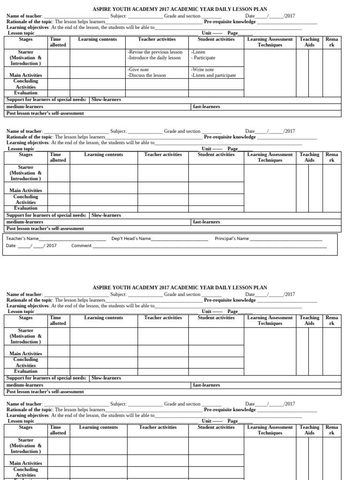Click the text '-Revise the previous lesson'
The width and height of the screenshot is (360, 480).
tap(155, 52)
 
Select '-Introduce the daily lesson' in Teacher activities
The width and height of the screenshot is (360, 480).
tap(154, 58)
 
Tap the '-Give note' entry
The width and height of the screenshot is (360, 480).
tap(138, 69)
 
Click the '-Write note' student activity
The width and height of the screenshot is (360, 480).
tap(202, 69)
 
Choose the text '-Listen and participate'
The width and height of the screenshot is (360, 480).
tap(213, 75)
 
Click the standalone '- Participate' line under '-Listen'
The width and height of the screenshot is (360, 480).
tap(203, 58)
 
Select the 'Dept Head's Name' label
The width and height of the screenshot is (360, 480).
tap(131, 238)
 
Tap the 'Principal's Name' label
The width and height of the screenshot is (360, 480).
tap(232, 238)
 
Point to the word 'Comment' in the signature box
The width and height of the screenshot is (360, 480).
tap(81, 245)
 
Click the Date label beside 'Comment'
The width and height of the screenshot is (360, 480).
tap(11, 245)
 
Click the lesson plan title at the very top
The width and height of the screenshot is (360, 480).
tap(180, 9)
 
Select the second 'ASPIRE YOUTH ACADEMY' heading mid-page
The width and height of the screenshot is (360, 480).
tap(180, 287)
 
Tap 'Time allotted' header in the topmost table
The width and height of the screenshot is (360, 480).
tap(58, 42)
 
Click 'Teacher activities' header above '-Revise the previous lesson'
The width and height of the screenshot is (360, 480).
tap(157, 39)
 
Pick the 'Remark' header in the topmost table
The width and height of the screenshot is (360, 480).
tap(331, 42)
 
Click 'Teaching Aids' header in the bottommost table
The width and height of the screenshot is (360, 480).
tap(309, 430)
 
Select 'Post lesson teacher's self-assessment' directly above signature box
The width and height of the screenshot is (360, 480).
tap(45, 228)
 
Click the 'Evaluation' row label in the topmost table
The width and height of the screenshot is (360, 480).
tap(26, 93)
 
